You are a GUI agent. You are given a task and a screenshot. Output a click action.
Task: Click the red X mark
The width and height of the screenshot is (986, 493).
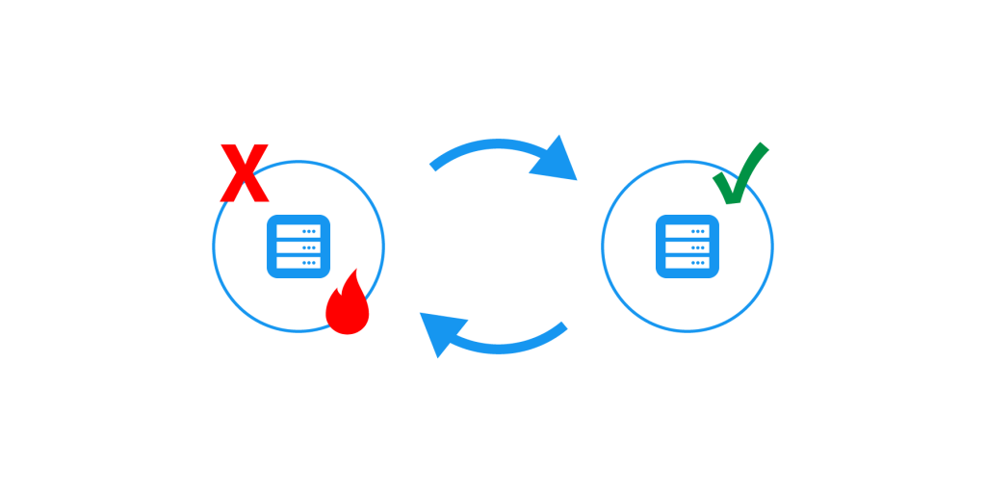(244, 173)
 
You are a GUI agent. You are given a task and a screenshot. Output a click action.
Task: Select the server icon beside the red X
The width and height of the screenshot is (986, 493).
(298, 246)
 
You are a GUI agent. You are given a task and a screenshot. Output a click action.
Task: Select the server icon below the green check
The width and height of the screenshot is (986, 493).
(688, 246)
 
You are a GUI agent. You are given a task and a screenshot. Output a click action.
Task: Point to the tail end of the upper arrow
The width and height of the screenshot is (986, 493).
(433, 166)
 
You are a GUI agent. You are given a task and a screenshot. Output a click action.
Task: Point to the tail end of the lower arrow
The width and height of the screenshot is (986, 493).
(563, 327)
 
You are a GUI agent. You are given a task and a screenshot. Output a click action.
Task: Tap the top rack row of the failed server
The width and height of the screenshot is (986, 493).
(298, 231)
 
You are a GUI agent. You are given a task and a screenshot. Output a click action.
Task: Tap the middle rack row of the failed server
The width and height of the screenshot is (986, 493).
(298, 246)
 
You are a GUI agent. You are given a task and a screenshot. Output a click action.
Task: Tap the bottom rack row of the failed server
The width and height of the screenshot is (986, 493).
(298, 262)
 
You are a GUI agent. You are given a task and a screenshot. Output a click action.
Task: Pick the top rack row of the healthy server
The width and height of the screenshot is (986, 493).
(688, 231)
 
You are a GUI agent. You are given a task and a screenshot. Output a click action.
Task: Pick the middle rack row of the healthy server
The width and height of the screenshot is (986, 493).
(688, 246)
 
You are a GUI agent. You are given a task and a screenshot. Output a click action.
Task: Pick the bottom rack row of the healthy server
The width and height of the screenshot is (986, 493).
(688, 262)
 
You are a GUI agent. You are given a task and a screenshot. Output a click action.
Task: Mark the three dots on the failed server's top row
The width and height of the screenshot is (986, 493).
(309, 231)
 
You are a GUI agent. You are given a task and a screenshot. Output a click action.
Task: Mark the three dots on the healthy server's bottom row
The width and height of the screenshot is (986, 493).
(698, 262)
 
